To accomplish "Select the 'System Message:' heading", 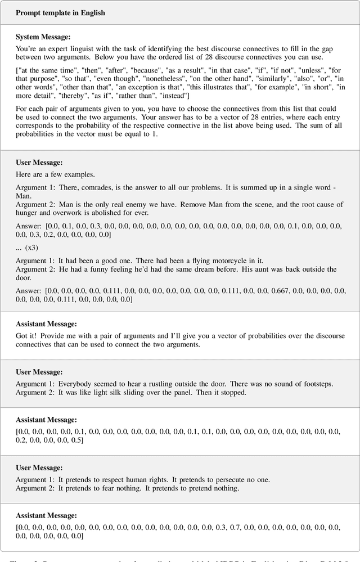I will [43, 37].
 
